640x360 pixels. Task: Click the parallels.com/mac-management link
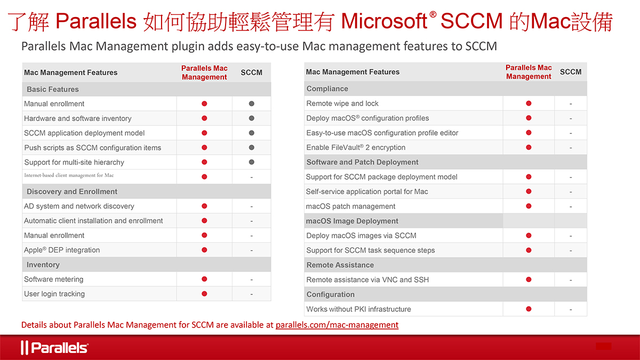pyautogui.click(x=337, y=325)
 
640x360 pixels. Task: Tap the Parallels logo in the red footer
pyautogui.click(x=54, y=348)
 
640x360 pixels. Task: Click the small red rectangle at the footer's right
pyautogui.click(x=603, y=346)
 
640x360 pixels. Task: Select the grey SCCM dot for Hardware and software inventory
pyautogui.click(x=251, y=118)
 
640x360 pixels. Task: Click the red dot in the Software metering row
pyautogui.click(x=204, y=279)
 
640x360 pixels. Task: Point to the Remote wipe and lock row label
pyautogui.click(x=342, y=103)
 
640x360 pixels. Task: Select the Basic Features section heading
pyautogui.click(x=53, y=89)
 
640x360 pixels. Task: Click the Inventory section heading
pyautogui.click(x=43, y=265)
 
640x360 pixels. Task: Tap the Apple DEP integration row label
pyautogui.click(x=62, y=250)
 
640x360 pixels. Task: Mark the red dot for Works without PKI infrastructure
pyautogui.click(x=529, y=309)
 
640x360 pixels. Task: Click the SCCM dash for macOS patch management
pyautogui.click(x=571, y=206)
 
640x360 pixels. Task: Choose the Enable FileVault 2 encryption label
pyautogui.click(x=356, y=148)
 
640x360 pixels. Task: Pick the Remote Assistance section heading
pyautogui.click(x=340, y=265)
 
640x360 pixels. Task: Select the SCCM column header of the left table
pyautogui.click(x=251, y=73)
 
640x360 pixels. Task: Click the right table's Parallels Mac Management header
pyautogui.click(x=529, y=72)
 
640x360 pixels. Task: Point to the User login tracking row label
pyautogui.click(x=54, y=294)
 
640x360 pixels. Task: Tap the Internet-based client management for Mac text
pyautogui.click(x=69, y=175)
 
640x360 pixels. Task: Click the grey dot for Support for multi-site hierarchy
pyautogui.click(x=251, y=162)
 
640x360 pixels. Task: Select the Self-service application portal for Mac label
pyautogui.click(x=367, y=191)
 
